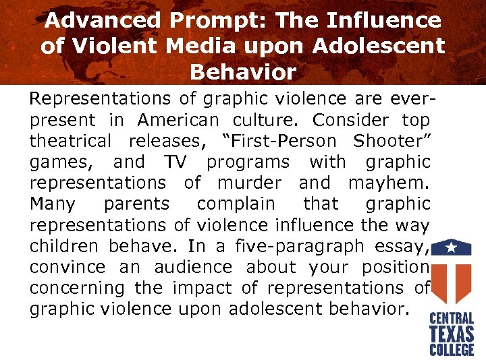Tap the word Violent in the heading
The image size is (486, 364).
coord(111,46)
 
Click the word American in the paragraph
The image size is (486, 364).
coord(178,121)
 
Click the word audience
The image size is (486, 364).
coord(193,267)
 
